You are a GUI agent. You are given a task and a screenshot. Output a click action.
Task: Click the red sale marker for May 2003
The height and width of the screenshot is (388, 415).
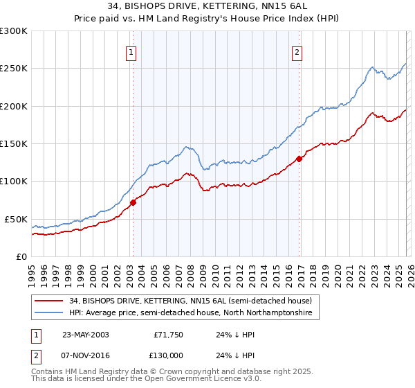pyautogui.click(x=133, y=202)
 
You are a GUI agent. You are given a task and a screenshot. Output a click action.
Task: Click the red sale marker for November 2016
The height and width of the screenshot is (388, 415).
pyautogui.click(x=299, y=159)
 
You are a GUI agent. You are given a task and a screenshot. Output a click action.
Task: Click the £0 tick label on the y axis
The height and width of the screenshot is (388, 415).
pyautogui.click(x=21, y=256)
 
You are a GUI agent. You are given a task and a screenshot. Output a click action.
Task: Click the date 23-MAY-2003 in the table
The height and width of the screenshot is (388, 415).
pyautogui.click(x=85, y=335)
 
